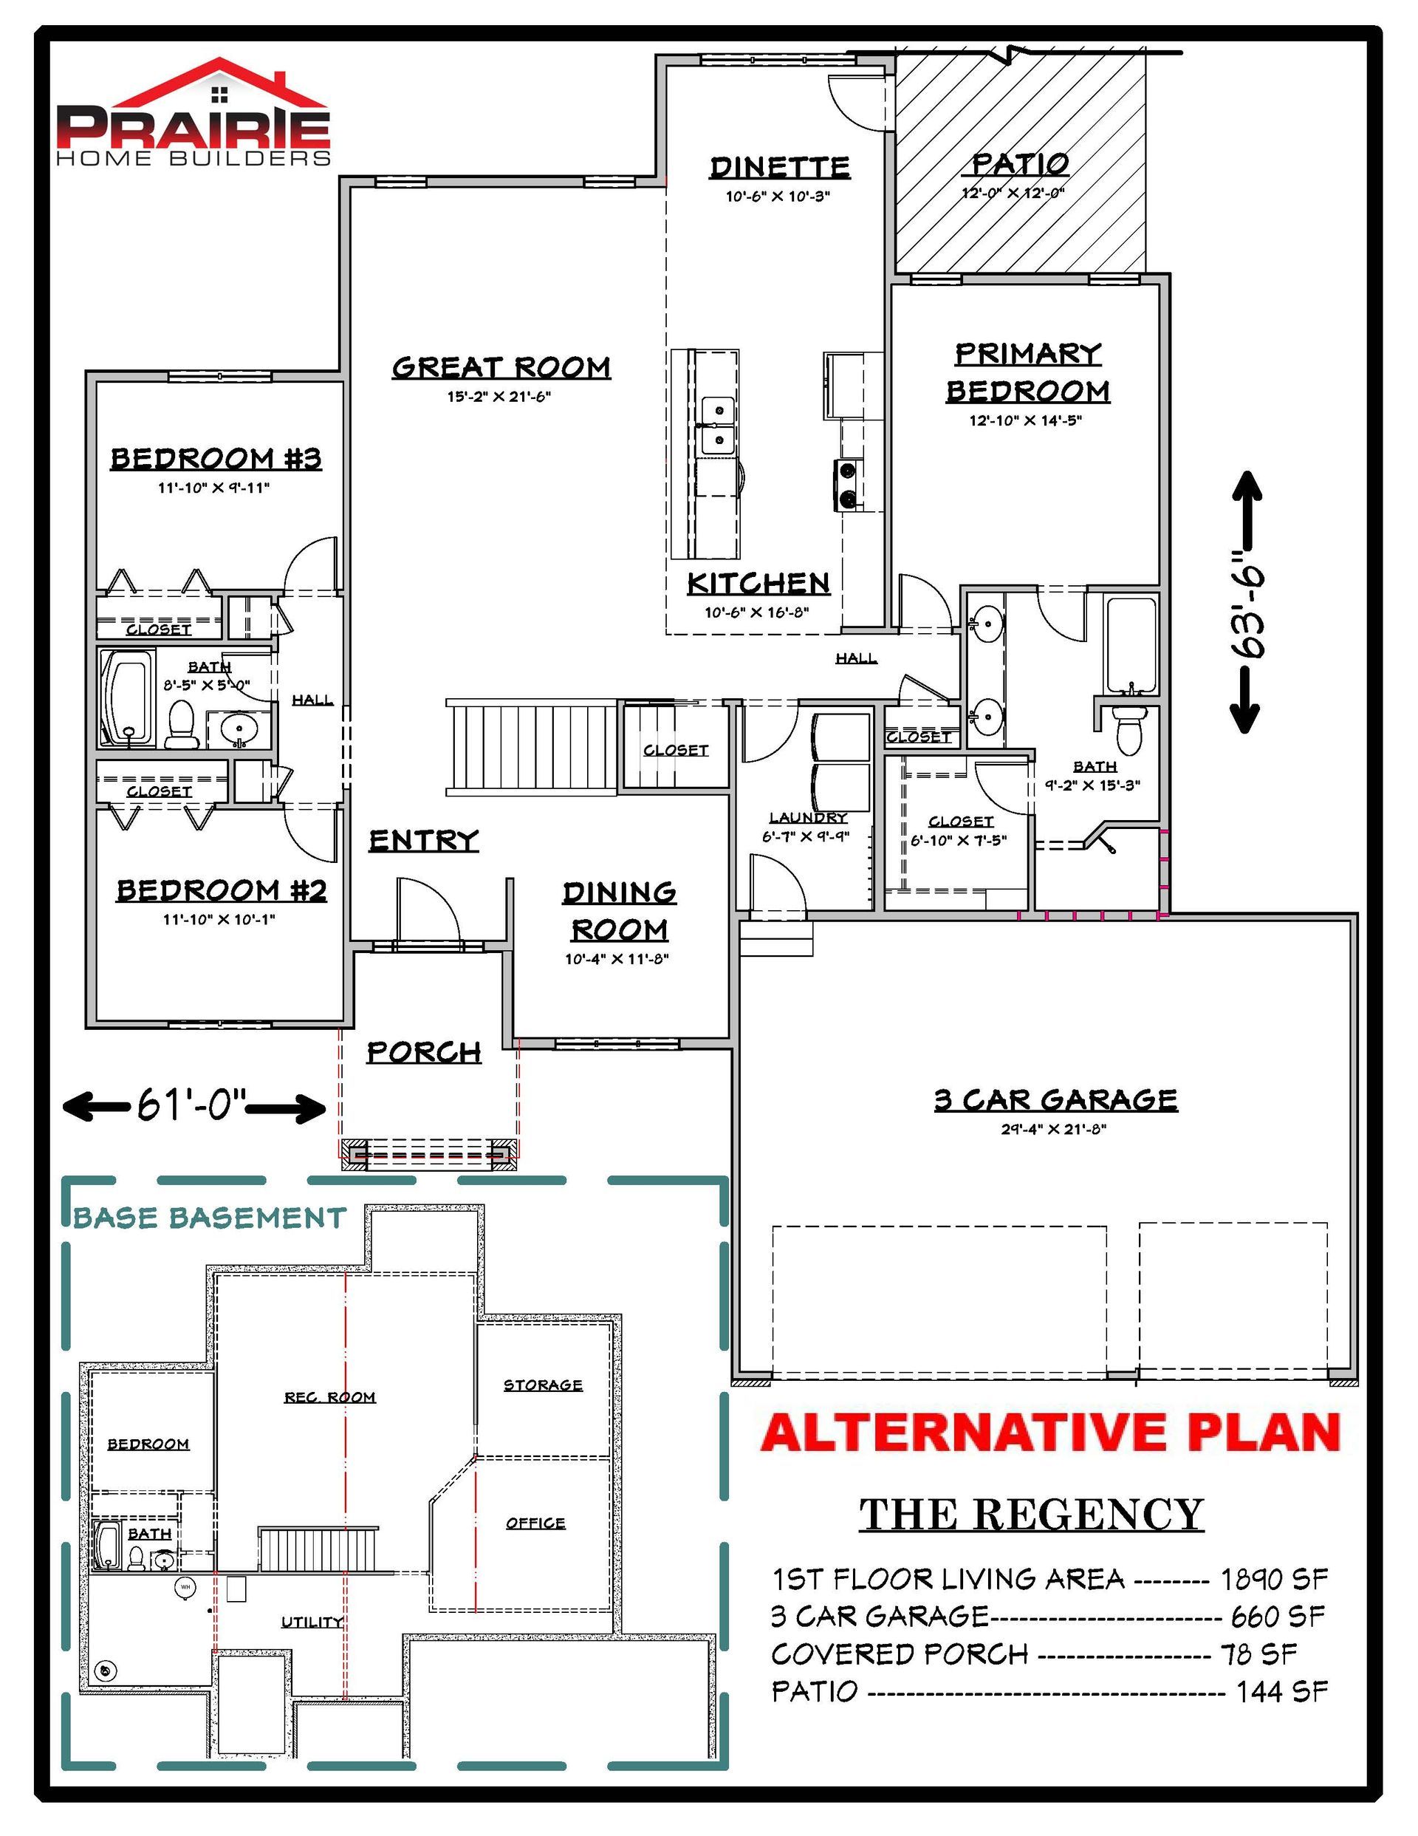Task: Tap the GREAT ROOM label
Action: pyautogui.click(x=501, y=367)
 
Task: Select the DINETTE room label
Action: pyautogui.click(x=780, y=167)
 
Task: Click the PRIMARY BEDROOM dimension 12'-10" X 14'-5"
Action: pyautogui.click(x=1026, y=420)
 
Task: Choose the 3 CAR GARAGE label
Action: pyautogui.click(x=1055, y=1099)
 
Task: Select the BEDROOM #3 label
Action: pyautogui.click(x=216, y=459)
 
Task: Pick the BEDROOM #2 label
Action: pyautogui.click(x=221, y=890)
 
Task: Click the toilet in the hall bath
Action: pyautogui.click(x=181, y=724)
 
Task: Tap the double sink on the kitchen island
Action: pyautogui.click(x=716, y=425)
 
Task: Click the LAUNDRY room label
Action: pyautogui.click(x=808, y=818)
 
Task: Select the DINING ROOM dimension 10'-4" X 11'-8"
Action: pyautogui.click(x=616, y=959)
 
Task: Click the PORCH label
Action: pyautogui.click(x=424, y=1051)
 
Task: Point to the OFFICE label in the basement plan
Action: pyautogui.click(x=535, y=1523)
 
